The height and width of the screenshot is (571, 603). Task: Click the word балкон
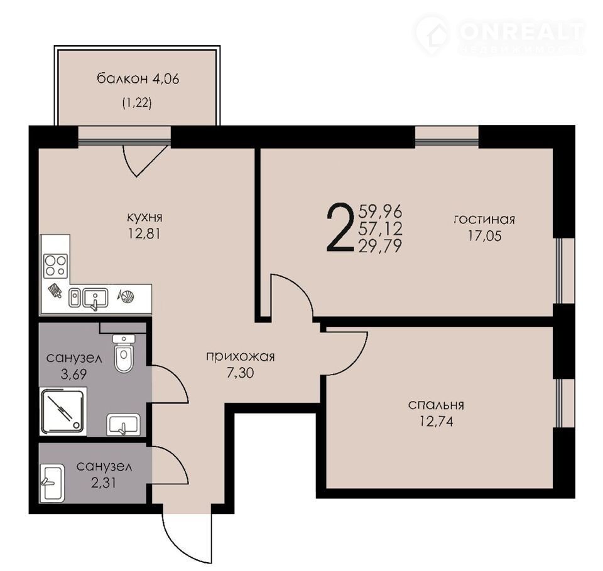[x=122, y=79]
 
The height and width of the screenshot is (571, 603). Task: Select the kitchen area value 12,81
[x=144, y=233]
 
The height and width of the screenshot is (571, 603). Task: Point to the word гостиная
[x=484, y=220]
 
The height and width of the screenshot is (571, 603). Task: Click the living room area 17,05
[x=484, y=235]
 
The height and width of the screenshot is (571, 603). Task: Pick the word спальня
[x=436, y=405]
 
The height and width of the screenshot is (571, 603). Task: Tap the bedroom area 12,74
[x=436, y=422]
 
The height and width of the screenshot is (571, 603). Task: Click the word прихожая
[x=241, y=356]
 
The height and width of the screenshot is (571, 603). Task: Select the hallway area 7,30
[x=241, y=373]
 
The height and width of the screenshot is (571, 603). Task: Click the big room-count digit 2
[x=340, y=228]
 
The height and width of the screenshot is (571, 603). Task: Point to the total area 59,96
[x=380, y=211]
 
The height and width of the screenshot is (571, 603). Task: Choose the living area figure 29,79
[x=380, y=245]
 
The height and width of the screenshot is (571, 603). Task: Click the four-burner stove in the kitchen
[x=56, y=265]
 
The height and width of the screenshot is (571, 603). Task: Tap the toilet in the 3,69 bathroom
[x=124, y=353]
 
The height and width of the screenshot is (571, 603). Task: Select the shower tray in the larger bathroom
[x=63, y=411]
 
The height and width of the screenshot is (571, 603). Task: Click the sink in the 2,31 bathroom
[x=52, y=483]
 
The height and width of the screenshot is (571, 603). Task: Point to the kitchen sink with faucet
[x=95, y=299]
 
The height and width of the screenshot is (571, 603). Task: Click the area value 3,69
[x=74, y=374]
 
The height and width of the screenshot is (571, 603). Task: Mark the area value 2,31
[x=104, y=483]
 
